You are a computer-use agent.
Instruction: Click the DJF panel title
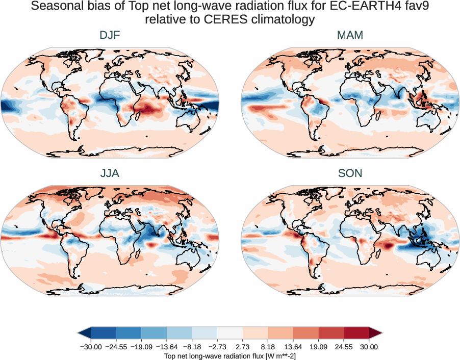click(x=110, y=35)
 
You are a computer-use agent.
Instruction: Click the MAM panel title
click(x=350, y=35)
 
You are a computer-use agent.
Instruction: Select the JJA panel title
click(x=110, y=173)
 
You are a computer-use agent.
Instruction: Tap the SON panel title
click(x=350, y=173)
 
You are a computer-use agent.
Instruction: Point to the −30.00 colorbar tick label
click(x=91, y=347)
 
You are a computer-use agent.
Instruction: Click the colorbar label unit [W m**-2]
click(x=274, y=356)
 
